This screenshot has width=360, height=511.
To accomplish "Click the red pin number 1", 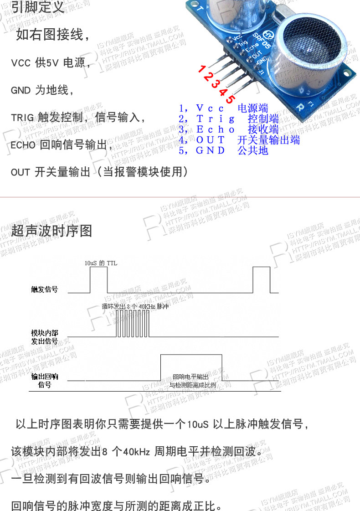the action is (201, 69).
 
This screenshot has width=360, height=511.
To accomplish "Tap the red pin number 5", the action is (231, 99).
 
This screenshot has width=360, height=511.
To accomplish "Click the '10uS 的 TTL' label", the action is (101, 263).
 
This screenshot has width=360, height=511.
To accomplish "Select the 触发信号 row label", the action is (45, 289).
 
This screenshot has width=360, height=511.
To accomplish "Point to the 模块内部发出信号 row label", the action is (44, 337).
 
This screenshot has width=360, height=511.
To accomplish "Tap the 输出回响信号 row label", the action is (44, 380).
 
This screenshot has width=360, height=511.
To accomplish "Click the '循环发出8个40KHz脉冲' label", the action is (136, 307).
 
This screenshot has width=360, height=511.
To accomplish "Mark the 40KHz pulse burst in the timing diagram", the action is (133, 325).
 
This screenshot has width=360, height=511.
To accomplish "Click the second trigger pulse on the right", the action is (262, 279).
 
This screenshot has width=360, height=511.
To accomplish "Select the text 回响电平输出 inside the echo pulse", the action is (190, 377).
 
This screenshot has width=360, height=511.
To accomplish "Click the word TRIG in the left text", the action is (22, 118).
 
